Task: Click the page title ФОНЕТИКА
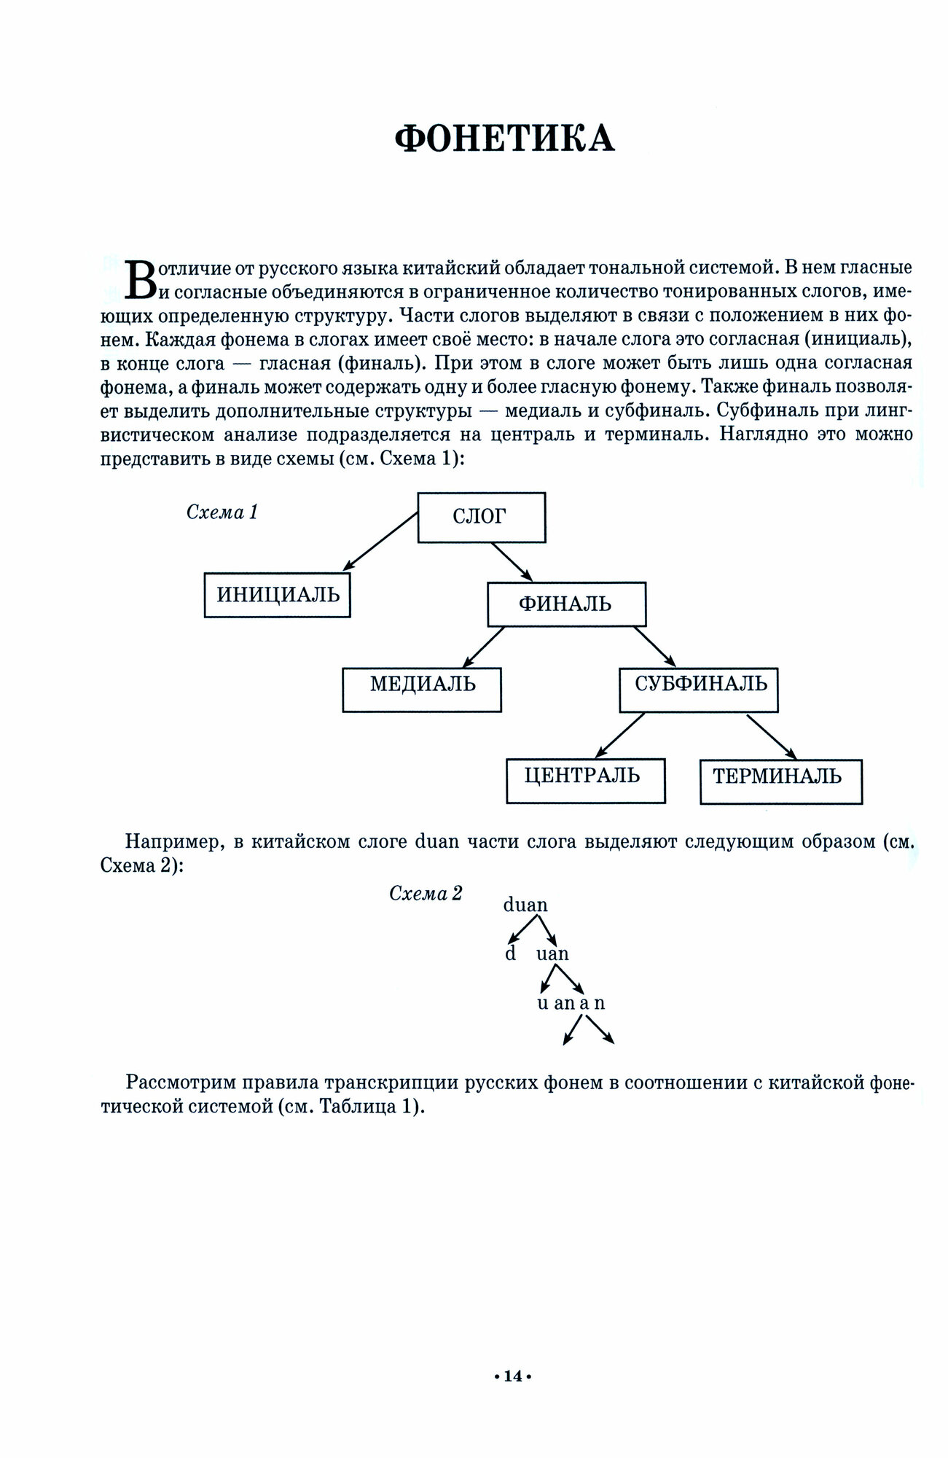point(504,138)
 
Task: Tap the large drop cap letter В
point(141,280)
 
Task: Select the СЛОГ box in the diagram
point(481,517)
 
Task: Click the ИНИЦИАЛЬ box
point(278,595)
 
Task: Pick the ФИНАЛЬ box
point(565,604)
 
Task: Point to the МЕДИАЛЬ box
point(422,685)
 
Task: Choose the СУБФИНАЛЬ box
point(699,685)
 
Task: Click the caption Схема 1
point(223,512)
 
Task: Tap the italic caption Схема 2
point(426,894)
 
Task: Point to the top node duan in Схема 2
point(525,905)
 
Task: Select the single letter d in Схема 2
point(511,954)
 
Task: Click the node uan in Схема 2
point(552,954)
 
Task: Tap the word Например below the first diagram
point(173,842)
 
